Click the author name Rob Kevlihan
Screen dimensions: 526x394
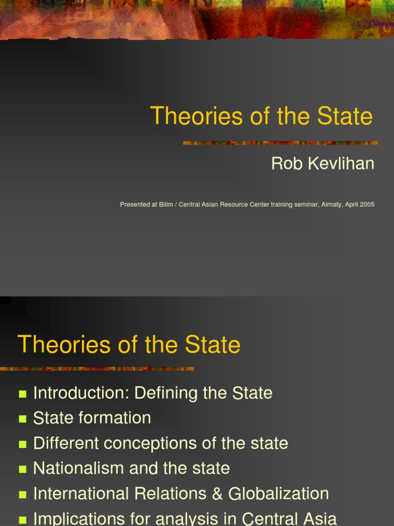[322, 164]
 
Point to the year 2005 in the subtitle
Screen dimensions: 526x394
[367, 204]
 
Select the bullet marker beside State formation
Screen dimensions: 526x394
[22, 419]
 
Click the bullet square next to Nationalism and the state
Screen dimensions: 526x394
[22, 469]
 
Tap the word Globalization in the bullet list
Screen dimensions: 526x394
[279, 494]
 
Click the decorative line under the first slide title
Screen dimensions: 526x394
[281, 143]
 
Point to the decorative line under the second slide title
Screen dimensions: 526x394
[97, 368]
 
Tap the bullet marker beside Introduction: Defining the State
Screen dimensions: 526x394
[22, 394]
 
